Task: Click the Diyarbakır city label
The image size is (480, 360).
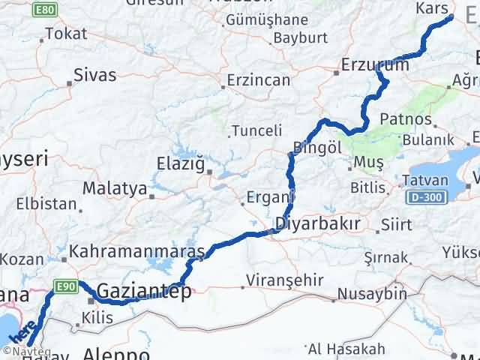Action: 318,223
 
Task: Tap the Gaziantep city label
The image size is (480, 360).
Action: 143,292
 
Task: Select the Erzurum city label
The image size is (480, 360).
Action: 375,65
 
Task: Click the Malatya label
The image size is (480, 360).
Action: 115,188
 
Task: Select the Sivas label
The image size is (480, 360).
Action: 95,74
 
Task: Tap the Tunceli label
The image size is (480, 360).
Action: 256,130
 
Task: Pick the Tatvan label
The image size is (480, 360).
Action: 424,181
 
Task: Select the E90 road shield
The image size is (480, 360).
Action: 64,285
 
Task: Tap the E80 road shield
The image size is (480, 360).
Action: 44,10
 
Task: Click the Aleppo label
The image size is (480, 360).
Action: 115,353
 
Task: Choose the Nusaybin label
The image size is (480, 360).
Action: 372,294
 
